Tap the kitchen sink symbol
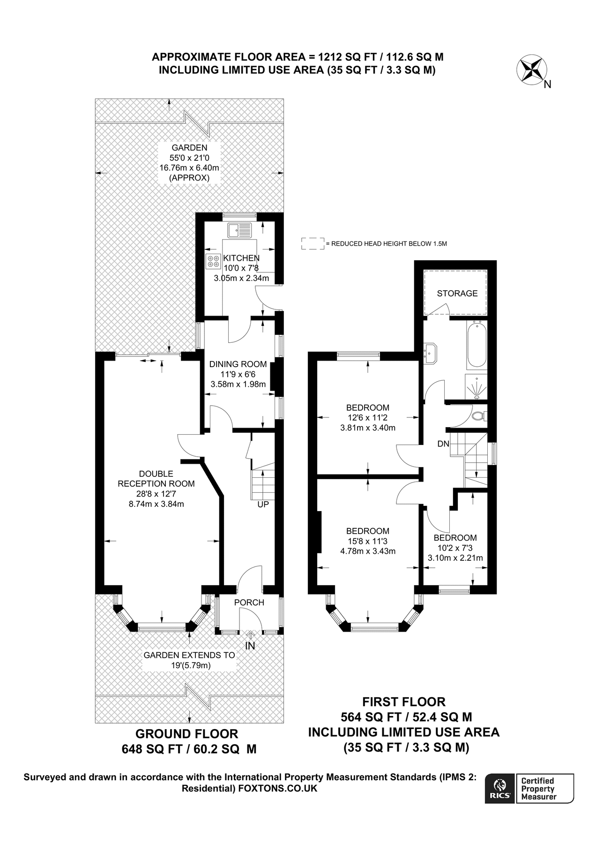pyautogui.click(x=239, y=230)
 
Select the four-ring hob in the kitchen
pyautogui.click(x=213, y=261)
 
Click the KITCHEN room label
pyautogui.click(x=241, y=258)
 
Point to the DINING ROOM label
pyautogui.click(x=238, y=364)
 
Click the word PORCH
pyautogui.click(x=249, y=603)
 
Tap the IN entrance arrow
pyautogui.click(x=250, y=636)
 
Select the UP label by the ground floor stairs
pyautogui.click(x=263, y=505)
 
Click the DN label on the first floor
pyautogui.click(x=443, y=444)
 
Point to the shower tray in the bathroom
pyautogui.click(x=476, y=387)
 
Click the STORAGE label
pyautogui.click(x=457, y=294)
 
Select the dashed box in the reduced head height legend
pyautogui.click(x=313, y=243)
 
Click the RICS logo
pyautogui.click(x=500, y=789)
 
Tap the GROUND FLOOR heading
pyautogui.click(x=186, y=734)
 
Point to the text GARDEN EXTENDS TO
pyautogui.click(x=189, y=655)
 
